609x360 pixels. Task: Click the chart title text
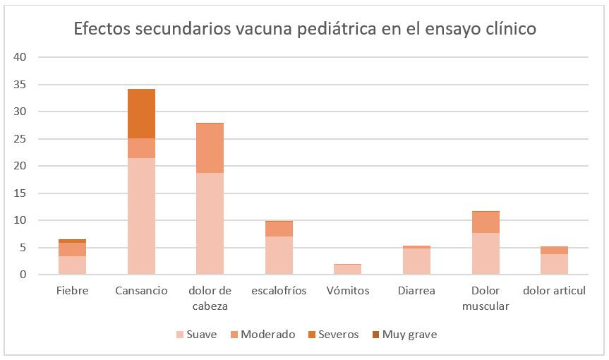(305, 30)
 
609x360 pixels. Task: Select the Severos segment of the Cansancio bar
(141, 114)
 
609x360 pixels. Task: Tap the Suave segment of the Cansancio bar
(141, 216)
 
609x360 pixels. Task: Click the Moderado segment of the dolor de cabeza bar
(210, 148)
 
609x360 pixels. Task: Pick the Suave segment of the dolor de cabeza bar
(210, 223)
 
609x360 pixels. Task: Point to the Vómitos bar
(347, 269)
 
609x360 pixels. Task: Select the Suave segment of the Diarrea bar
(416, 261)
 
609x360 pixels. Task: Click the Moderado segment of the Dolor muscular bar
(486, 222)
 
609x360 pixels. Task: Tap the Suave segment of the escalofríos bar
(279, 255)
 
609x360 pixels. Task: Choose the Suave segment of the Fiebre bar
(72, 265)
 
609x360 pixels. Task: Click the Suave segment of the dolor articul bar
(554, 264)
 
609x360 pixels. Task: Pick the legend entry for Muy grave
(403, 335)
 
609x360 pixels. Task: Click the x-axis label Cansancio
(141, 291)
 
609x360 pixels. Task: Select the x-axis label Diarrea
(416, 291)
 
